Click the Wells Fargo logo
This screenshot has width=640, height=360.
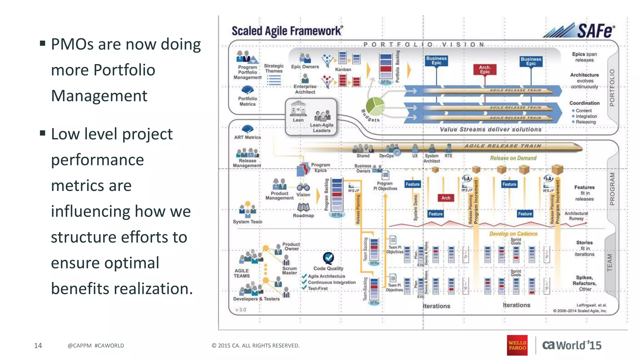pos(517,345)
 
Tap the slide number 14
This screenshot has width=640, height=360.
pos(38,345)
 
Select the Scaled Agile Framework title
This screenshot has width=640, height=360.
pos(287,31)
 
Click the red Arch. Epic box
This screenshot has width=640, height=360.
pos(485,69)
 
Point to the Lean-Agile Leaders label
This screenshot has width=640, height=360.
pos(322,127)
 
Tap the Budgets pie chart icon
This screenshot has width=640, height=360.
pos(375,106)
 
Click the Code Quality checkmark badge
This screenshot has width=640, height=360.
pos(328,258)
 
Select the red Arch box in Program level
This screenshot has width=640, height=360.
pos(446,198)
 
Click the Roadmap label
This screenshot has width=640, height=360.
pos(303,215)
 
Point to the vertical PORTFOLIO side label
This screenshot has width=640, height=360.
pos(612,87)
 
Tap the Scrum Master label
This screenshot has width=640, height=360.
pos(289,271)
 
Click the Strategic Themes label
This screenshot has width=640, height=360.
pos(274,68)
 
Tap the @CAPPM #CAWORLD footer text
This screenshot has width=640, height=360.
pos(96,346)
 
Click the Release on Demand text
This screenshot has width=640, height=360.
pos(513,158)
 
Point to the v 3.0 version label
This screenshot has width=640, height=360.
pos(241,310)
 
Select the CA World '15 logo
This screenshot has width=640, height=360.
pos(572,345)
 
